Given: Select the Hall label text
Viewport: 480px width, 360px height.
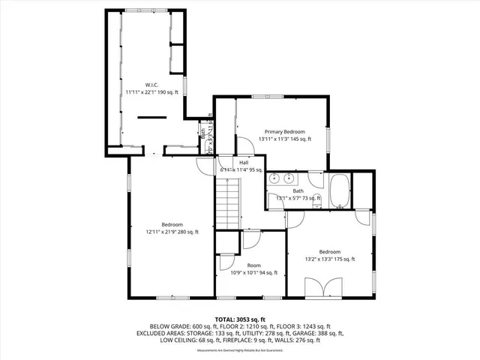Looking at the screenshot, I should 244,162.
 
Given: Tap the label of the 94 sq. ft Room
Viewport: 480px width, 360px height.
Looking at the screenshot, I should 253,265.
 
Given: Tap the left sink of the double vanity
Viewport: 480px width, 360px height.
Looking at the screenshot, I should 275,178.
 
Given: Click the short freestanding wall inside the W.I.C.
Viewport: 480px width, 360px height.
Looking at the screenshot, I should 152,116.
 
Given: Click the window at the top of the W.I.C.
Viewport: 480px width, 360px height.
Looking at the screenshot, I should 142,10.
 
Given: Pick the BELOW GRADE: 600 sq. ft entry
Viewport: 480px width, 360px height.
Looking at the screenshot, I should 178,326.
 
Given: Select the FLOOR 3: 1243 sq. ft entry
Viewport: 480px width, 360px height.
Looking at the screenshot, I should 304,326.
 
